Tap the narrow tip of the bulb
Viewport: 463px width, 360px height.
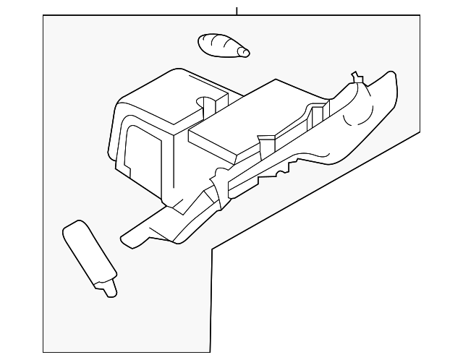[x=245, y=52]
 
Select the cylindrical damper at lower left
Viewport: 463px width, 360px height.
[x=88, y=253]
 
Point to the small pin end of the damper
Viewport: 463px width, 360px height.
[x=110, y=291]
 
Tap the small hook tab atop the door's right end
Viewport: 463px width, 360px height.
[x=354, y=77]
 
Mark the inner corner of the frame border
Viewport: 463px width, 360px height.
[x=211, y=250]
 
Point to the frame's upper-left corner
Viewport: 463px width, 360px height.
[x=43, y=16]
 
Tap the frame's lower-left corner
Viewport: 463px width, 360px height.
[x=43, y=352]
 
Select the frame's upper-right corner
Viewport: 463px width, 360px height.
[x=420, y=16]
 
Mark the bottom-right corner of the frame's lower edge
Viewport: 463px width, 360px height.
[x=211, y=352]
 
